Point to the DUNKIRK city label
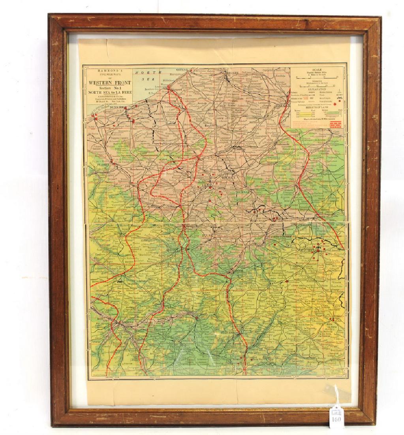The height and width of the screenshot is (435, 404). pos(118,107)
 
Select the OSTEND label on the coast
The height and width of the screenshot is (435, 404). pos(184,70)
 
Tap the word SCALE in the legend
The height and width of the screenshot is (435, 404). pos(317,69)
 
